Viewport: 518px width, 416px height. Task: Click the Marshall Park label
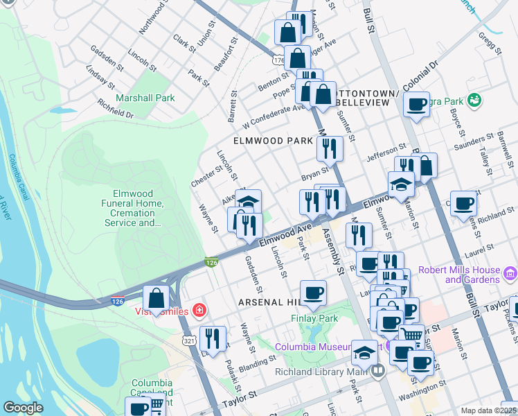(145, 98)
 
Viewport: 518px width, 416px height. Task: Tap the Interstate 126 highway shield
(212, 263)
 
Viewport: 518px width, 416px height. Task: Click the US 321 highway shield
(189, 340)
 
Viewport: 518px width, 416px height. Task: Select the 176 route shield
(278, 61)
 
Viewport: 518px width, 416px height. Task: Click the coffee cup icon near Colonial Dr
(416, 105)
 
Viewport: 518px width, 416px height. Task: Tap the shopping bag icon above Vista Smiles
(157, 298)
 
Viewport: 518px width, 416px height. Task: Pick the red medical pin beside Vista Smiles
(199, 311)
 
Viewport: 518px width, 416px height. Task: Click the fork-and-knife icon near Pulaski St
(213, 338)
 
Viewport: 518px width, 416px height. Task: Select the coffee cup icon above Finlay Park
(313, 293)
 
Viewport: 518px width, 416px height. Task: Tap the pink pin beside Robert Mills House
(510, 273)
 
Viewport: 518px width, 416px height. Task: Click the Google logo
(23, 408)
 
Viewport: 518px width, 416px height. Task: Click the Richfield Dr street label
(115, 108)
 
